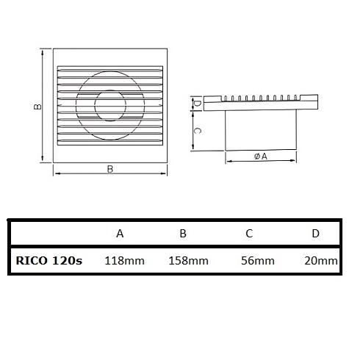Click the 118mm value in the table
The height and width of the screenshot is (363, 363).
pyautogui.click(x=124, y=261)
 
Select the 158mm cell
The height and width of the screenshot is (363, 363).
pyautogui.click(x=189, y=261)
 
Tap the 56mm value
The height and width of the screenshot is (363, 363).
pyautogui.click(x=258, y=261)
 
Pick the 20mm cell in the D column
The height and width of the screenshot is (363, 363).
pyautogui.click(x=321, y=261)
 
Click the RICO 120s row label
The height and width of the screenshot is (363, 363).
pyautogui.click(x=49, y=261)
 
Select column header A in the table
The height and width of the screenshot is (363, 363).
pyautogui.click(x=120, y=234)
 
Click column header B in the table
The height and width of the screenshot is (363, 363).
pyautogui.click(x=183, y=234)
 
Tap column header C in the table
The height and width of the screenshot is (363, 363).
pyautogui.click(x=249, y=234)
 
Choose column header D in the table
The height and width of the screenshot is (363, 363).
pyautogui.click(x=315, y=234)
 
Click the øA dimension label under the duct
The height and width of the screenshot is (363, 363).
pyautogui.click(x=261, y=156)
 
